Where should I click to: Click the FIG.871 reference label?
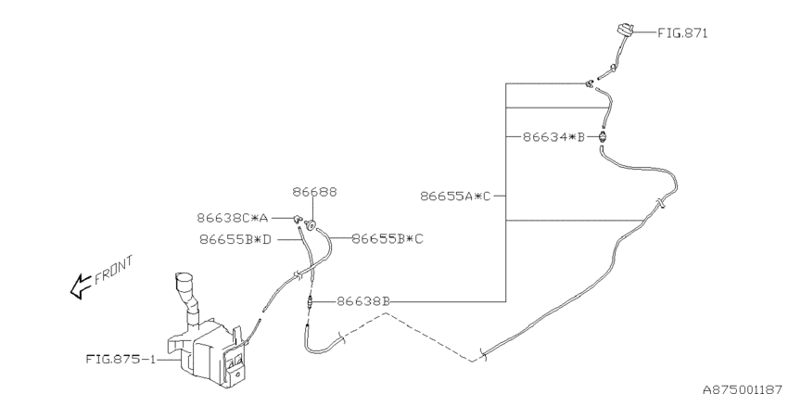pyautogui.click(x=682, y=33)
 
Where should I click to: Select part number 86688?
pyautogui.click(x=314, y=192)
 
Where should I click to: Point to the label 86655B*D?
pyautogui.click(x=235, y=240)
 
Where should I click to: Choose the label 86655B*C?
pyautogui.click(x=387, y=238)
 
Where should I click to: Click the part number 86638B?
pyautogui.click(x=363, y=301)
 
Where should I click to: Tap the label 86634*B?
pyautogui.click(x=553, y=136)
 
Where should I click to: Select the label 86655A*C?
pyautogui.click(x=455, y=196)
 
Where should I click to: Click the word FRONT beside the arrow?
pyautogui.click(x=114, y=270)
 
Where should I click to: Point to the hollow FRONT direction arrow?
pyautogui.click(x=80, y=287)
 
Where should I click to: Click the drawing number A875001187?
pyautogui.click(x=744, y=389)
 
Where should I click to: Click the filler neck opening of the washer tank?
pyautogui.click(x=183, y=278)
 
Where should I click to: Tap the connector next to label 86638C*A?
pyautogui.click(x=298, y=219)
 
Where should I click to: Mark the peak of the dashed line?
pyautogui.click(x=386, y=313)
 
